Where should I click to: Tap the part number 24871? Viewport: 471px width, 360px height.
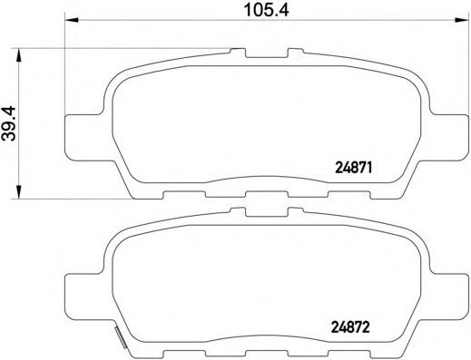[356, 167]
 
